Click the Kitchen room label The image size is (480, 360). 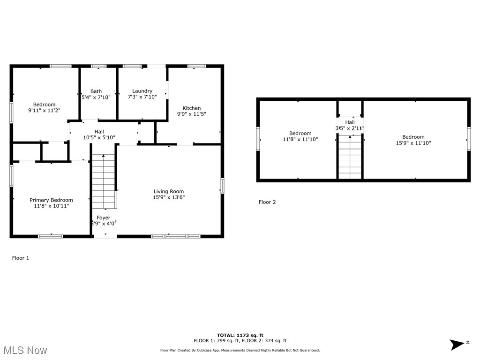[191, 108]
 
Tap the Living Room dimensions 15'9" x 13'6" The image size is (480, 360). [169, 197]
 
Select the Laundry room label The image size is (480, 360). [142, 91]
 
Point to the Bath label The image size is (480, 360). [96, 91]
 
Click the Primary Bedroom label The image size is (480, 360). [51, 200]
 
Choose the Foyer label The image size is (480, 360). [104, 217]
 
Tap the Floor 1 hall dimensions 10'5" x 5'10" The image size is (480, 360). [99, 137]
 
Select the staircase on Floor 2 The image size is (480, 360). [350, 157]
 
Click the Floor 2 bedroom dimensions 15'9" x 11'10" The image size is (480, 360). [413, 143]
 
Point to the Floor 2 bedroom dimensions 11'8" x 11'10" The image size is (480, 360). [300, 139]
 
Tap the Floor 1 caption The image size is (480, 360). [21, 258]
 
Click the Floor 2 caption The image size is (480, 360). [267, 202]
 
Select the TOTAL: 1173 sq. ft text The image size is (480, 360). [240, 335]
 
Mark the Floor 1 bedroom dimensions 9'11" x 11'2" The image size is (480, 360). [44, 110]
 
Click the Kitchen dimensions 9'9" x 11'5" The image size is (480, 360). [191, 113]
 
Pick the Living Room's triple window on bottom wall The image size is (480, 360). [176, 236]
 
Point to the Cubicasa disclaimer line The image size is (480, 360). [240, 350]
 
